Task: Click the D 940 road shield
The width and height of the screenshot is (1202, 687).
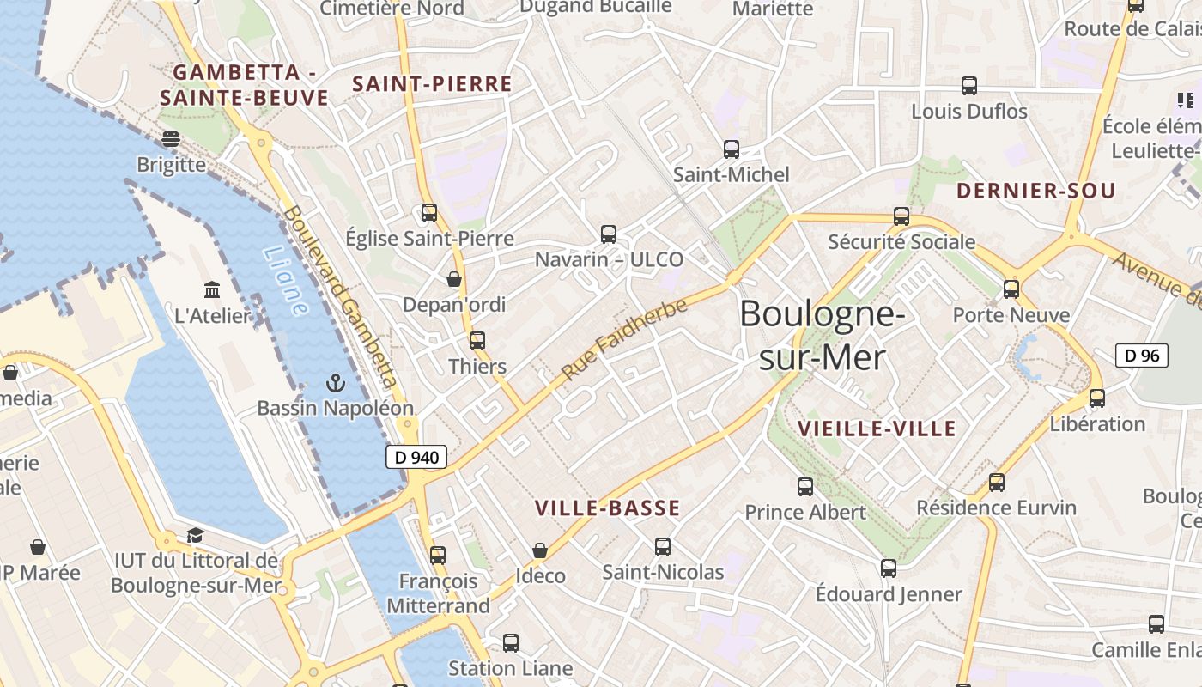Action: pos(416,458)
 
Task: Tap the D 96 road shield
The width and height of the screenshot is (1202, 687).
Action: pos(1142,355)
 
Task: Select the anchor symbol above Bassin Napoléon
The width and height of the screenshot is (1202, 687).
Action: pos(336,383)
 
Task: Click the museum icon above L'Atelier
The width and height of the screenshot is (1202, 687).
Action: pos(212,290)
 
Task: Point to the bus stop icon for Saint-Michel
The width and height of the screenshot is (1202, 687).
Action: pos(732,149)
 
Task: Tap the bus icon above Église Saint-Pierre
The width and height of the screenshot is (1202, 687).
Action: pos(429,213)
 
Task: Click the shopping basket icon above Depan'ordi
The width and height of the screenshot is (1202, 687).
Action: pos(454,279)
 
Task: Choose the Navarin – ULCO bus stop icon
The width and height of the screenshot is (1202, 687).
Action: pos(609,234)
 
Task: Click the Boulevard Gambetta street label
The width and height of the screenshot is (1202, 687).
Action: pos(342,296)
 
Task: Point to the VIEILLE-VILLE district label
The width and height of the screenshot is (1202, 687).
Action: pos(877,429)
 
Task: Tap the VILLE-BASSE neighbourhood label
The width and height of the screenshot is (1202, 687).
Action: pos(607,508)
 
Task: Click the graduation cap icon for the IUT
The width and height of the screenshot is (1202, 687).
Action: pos(196,536)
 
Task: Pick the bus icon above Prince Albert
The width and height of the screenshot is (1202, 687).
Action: pos(805,487)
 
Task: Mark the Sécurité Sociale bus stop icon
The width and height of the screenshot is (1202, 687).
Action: pos(901,216)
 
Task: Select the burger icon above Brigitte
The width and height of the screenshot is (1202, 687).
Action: pos(171,139)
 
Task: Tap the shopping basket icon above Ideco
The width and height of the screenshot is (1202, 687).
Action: pos(540,550)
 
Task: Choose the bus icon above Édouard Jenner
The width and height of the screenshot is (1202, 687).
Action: pos(889,568)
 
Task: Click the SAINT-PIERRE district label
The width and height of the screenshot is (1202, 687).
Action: pos(432,84)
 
